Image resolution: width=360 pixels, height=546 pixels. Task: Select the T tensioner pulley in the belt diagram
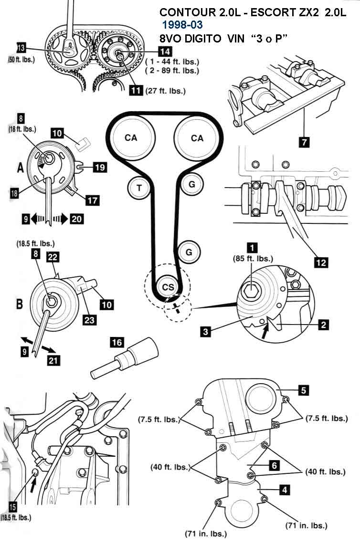tap(139, 188)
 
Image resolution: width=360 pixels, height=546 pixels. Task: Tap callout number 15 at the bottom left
tap(13, 507)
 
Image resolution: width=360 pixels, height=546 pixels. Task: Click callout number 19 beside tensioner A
tap(99, 167)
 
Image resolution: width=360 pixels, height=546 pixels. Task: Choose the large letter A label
tap(20, 168)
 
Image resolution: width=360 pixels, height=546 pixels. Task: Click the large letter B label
tap(20, 304)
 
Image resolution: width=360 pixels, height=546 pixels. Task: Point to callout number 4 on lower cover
tap(284, 489)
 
